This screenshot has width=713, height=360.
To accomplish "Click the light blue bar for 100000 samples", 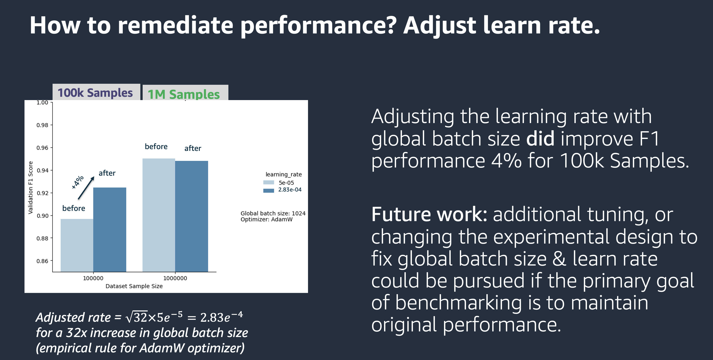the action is pyautogui.click(x=77, y=245).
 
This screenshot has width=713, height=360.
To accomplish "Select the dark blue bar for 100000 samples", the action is pyautogui.click(x=110, y=230).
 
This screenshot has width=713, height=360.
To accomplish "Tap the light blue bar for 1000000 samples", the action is pyautogui.click(x=158, y=215).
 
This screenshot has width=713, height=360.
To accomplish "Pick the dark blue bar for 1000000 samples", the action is pyautogui.click(x=192, y=216).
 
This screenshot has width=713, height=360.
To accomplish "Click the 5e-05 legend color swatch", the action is pyautogui.click(x=268, y=183).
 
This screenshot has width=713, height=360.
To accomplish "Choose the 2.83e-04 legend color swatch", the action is pyautogui.click(x=268, y=190).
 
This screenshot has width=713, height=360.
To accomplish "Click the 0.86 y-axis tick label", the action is pyautogui.click(x=42, y=261).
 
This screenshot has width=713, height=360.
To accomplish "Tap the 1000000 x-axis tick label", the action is pyautogui.click(x=175, y=278).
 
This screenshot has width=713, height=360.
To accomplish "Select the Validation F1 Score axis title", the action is pyautogui.click(x=30, y=187).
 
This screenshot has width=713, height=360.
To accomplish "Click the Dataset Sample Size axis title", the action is pyautogui.click(x=134, y=286).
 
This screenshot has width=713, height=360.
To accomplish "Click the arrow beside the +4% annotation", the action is pyautogui.click(x=86, y=188).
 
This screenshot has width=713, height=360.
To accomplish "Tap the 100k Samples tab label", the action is pyautogui.click(x=95, y=93).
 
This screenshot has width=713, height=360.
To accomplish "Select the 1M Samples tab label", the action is pyautogui.click(x=184, y=94).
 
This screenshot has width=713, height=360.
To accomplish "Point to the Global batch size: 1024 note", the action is pyautogui.click(x=273, y=213).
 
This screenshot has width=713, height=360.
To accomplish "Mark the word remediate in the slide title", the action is pyautogui.click(x=176, y=25).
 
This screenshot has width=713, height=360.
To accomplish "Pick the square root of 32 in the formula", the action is pyautogui.click(x=137, y=317).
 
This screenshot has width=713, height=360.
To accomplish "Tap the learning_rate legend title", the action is pyautogui.click(x=284, y=174).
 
